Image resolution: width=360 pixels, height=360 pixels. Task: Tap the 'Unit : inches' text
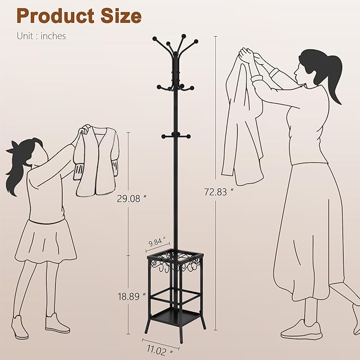click(41, 37)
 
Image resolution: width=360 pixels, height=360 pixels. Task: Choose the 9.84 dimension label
click(157, 243)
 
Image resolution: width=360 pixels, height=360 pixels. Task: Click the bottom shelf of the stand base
click(174, 317)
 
